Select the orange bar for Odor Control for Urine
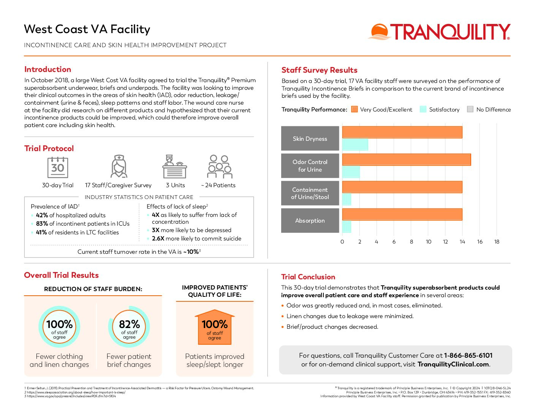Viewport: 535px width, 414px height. [406, 159]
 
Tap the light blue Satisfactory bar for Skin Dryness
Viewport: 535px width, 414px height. [355, 145]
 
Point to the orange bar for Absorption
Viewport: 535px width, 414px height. [402, 214]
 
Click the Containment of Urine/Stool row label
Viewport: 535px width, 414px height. [310, 193]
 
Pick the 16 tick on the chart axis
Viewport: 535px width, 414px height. [480, 242]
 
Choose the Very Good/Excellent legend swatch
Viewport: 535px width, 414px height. [354, 110]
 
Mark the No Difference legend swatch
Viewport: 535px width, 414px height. [470, 110]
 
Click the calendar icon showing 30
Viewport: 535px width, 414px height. [58, 167]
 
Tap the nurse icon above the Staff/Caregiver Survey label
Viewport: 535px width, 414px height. [119, 166]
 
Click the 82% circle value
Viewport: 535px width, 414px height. [129, 325]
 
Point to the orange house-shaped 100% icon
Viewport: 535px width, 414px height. [215, 327]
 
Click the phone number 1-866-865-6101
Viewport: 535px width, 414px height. [468, 355]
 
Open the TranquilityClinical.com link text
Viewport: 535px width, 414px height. [453, 365]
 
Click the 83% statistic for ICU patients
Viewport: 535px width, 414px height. [42, 224]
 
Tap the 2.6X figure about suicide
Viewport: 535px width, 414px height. [158, 239]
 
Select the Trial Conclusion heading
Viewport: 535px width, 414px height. [308, 277]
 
